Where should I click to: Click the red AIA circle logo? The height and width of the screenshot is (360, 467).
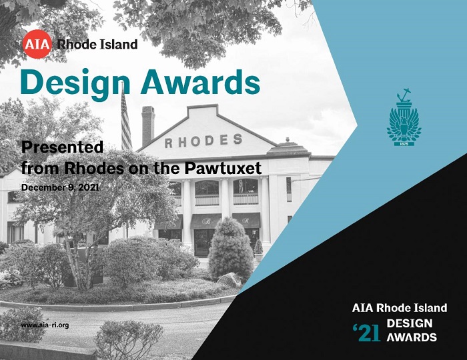tap(37, 44)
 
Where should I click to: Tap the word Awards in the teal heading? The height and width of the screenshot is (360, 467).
tap(200, 82)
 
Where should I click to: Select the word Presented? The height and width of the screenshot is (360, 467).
tap(62, 147)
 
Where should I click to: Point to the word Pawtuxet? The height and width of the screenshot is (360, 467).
tap(223, 168)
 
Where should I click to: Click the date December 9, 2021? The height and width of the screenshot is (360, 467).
tap(60, 188)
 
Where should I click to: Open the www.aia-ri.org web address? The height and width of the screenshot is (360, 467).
tap(45, 325)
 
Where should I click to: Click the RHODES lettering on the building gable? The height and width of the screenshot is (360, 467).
tap(203, 141)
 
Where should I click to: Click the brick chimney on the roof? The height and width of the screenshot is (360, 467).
tap(148, 125)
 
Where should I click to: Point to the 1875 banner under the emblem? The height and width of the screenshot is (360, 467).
tap(404, 144)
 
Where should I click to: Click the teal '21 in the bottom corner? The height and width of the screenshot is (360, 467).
tap(366, 333)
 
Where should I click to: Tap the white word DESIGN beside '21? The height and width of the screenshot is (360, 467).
tap(410, 323)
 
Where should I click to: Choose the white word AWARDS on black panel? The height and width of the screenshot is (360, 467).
tap(412, 337)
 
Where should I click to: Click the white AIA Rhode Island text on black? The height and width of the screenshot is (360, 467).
tap(400, 308)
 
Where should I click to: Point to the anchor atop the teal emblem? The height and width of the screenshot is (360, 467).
tap(403, 95)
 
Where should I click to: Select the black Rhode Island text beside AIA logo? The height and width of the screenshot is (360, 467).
tap(97, 44)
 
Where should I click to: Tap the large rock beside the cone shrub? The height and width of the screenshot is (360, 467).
tap(230, 280)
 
